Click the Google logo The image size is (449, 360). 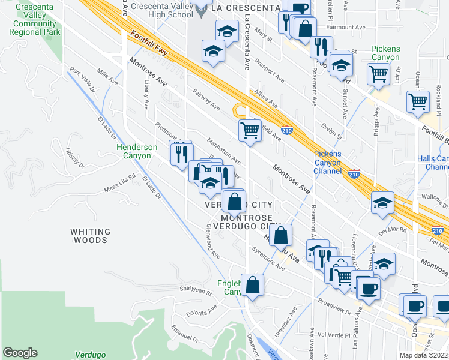[20, 353]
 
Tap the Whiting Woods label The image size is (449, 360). [90, 236]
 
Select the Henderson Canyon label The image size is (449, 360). [137, 151]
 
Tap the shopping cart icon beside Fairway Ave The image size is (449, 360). [250, 130]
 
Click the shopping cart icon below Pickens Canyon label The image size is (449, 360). [379, 74]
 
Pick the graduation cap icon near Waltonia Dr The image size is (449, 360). [382, 203]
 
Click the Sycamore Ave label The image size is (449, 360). [267, 259]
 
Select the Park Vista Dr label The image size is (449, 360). [83, 80]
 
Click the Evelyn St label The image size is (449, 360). [331, 131]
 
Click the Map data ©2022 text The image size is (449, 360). [424, 355]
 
